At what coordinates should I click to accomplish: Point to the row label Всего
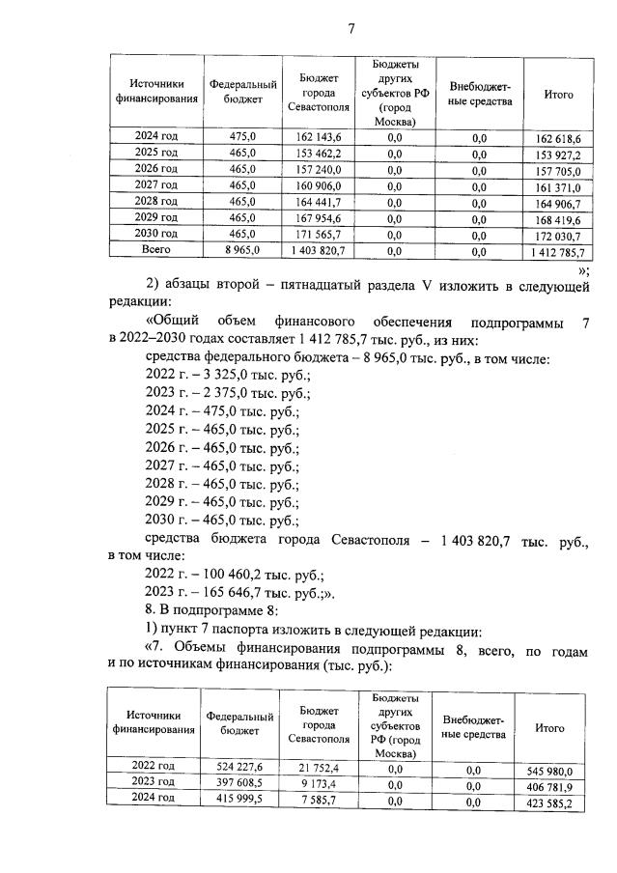pos(155,249)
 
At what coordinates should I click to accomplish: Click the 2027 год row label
pos(155,184)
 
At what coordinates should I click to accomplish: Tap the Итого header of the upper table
pos(558,95)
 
